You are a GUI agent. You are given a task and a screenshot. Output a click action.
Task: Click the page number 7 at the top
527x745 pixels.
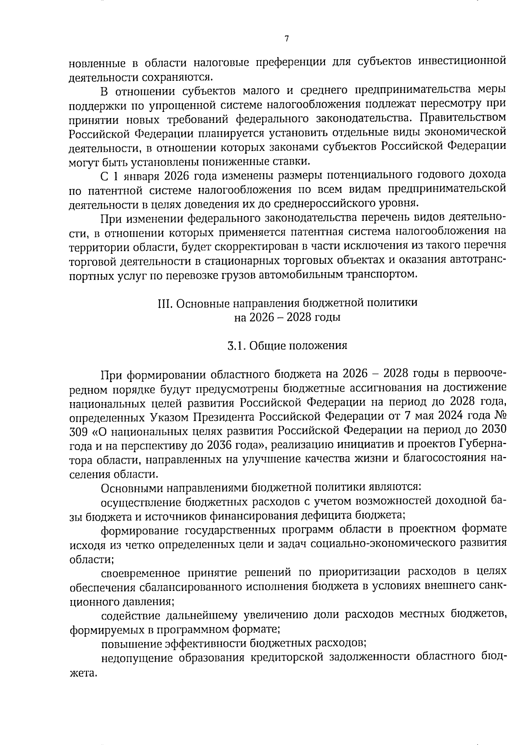click(x=286, y=39)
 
